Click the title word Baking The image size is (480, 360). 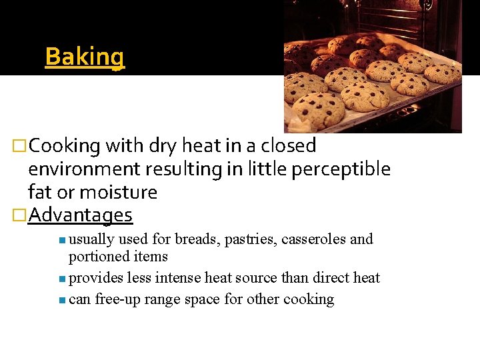tap(85, 57)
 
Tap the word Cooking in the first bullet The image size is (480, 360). tap(65, 145)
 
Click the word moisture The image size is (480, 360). tap(118, 193)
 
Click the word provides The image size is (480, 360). tap(93, 278)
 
